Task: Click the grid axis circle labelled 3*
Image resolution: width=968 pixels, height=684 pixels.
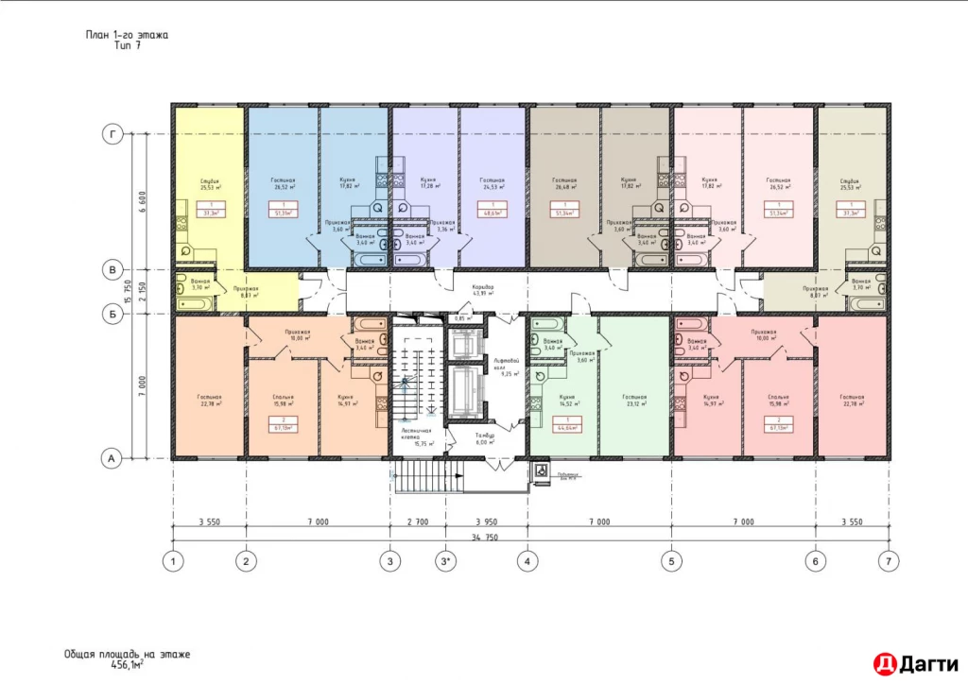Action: [x=447, y=562]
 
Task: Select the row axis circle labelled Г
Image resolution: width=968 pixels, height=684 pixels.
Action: [x=112, y=136]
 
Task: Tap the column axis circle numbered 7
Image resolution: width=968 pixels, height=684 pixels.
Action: [x=886, y=562]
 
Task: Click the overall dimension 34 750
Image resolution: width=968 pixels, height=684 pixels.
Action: [x=484, y=538]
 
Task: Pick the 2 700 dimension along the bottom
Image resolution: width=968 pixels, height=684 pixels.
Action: [x=417, y=522]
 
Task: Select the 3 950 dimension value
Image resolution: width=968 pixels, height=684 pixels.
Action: [x=486, y=522]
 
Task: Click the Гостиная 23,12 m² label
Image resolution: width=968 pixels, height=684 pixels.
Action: [x=634, y=401]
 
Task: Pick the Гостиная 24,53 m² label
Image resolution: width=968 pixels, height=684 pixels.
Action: [x=492, y=183]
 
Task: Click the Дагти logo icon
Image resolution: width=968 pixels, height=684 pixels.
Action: [x=883, y=662]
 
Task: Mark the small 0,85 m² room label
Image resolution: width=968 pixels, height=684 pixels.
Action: [x=462, y=317]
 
